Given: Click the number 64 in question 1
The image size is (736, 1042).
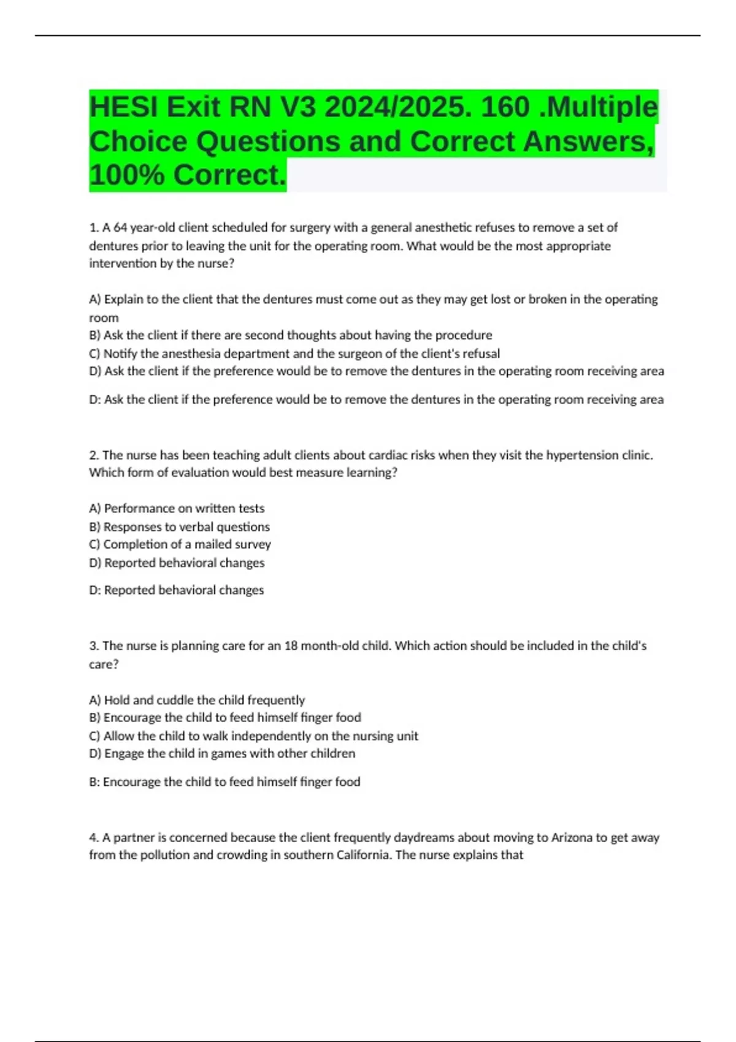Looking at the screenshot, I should coord(120,227).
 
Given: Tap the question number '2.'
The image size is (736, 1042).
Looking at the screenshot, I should coord(94,455).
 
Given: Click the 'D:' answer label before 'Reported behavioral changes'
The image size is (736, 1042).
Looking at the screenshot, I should coord(95,590).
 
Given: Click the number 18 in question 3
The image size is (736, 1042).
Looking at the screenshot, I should coord(291,645).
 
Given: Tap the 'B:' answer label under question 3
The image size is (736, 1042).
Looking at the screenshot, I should coord(94,782).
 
